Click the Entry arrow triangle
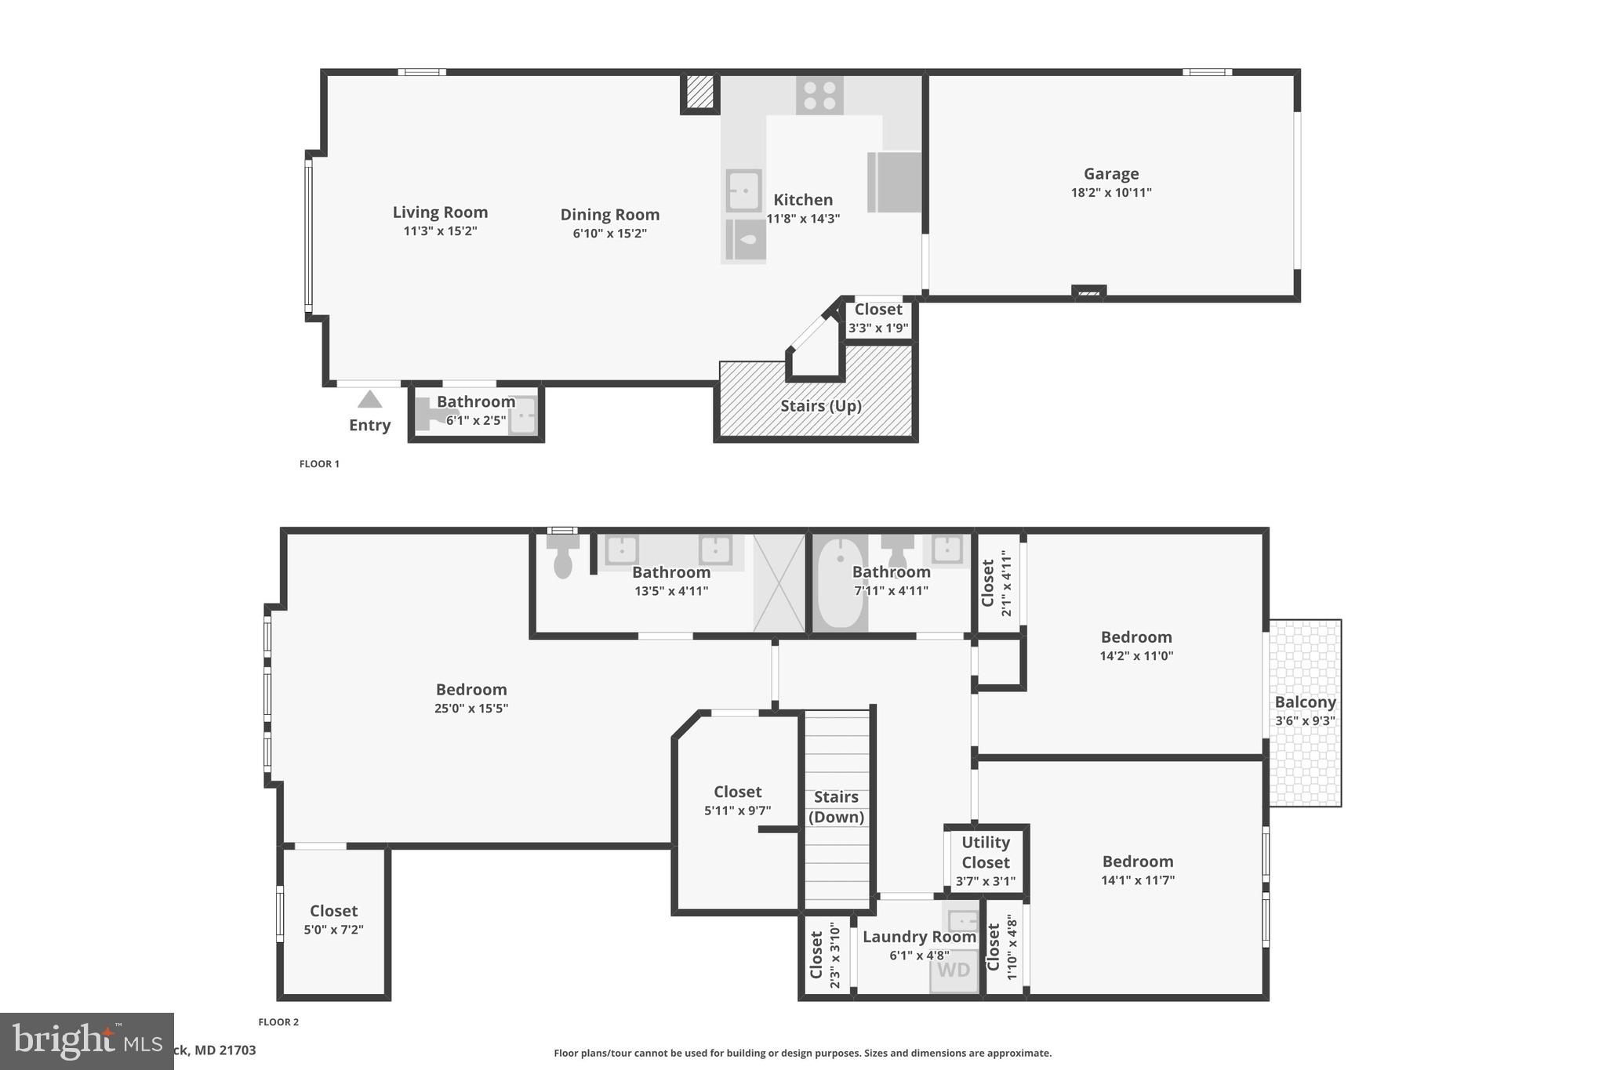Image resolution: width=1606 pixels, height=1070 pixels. pos(369,400)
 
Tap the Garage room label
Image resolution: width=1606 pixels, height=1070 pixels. pos(1110,174)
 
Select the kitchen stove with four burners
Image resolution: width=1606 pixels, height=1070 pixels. pos(819,96)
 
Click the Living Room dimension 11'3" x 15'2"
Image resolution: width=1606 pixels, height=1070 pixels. pos(440,231)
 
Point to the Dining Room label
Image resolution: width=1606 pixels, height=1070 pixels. pos(609,215)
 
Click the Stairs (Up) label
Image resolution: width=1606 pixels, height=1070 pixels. pos(820,406)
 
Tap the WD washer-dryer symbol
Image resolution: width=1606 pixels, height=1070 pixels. pos(954,970)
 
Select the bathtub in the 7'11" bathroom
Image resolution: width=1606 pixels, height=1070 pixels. pos(840,582)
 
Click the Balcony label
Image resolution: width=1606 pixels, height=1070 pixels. pos(1305,702)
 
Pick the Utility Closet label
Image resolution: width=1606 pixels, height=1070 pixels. pos(986,852)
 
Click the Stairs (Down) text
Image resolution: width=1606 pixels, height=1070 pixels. pos(836,807)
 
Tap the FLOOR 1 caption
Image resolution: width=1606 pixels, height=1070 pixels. pos(319,464)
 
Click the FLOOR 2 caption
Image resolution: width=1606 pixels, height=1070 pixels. pos(278,1022)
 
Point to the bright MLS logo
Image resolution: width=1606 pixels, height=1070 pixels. pos(86,1041)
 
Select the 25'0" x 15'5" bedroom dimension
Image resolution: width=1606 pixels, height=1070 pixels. pos(471,709)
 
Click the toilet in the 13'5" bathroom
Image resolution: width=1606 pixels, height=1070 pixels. pos(563,557)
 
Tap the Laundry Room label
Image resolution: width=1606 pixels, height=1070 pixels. pos(919,937)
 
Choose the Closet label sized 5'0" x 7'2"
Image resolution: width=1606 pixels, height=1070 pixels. pos(333,911)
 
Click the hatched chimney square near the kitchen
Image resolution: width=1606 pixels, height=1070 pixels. pos(700,92)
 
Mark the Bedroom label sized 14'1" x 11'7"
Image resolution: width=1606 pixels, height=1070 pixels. pos(1137,861)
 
